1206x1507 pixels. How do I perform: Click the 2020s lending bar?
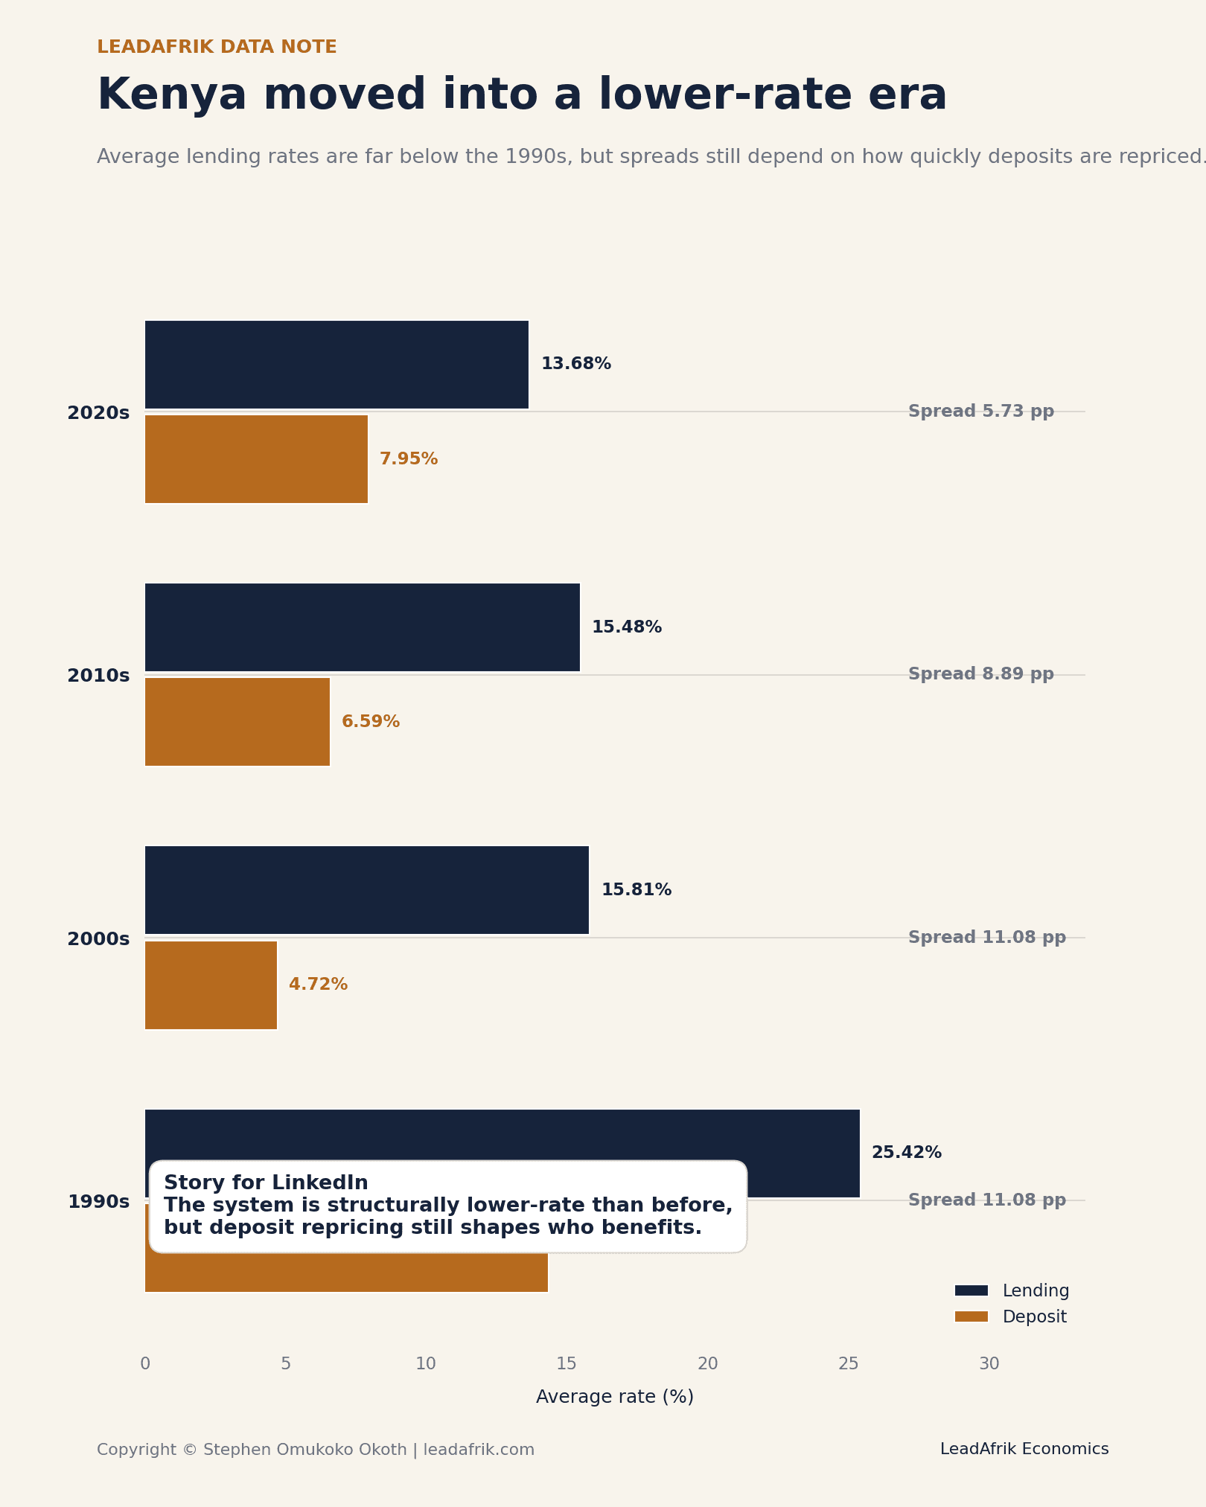coord(336,365)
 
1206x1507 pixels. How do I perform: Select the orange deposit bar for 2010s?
coord(237,722)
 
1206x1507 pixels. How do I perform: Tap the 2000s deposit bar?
coord(211,985)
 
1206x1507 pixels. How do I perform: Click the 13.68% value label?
coord(575,365)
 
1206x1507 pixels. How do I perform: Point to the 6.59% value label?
coord(370,722)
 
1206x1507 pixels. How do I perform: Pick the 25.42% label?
coord(906,1153)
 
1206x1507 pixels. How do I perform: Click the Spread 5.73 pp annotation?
coord(980,412)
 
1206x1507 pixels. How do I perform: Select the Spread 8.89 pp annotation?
coord(980,674)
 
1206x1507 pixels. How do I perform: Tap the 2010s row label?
coord(98,676)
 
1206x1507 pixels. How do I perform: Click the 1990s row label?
coord(98,1202)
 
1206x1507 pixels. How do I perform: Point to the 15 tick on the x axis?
coord(567,1364)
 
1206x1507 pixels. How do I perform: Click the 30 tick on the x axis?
coord(989,1364)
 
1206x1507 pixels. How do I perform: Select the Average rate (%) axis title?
coord(614,1397)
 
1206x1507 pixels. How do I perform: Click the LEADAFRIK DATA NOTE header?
coord(217,48)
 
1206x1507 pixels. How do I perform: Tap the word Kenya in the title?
coord(171,95)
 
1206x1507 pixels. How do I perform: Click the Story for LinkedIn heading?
coord(266,1183)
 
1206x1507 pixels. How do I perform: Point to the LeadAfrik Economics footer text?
coord(1024,1449)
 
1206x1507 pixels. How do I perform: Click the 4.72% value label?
coord(318,985)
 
